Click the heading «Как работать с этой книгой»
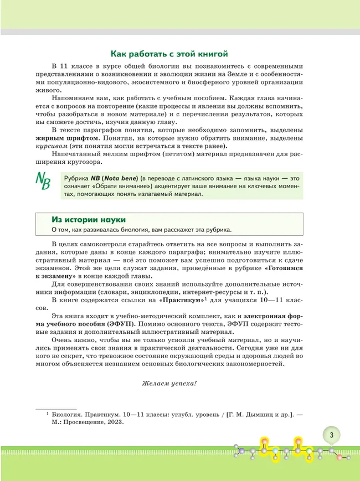(x=169, y=54)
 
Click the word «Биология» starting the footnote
(x=73, y=412)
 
